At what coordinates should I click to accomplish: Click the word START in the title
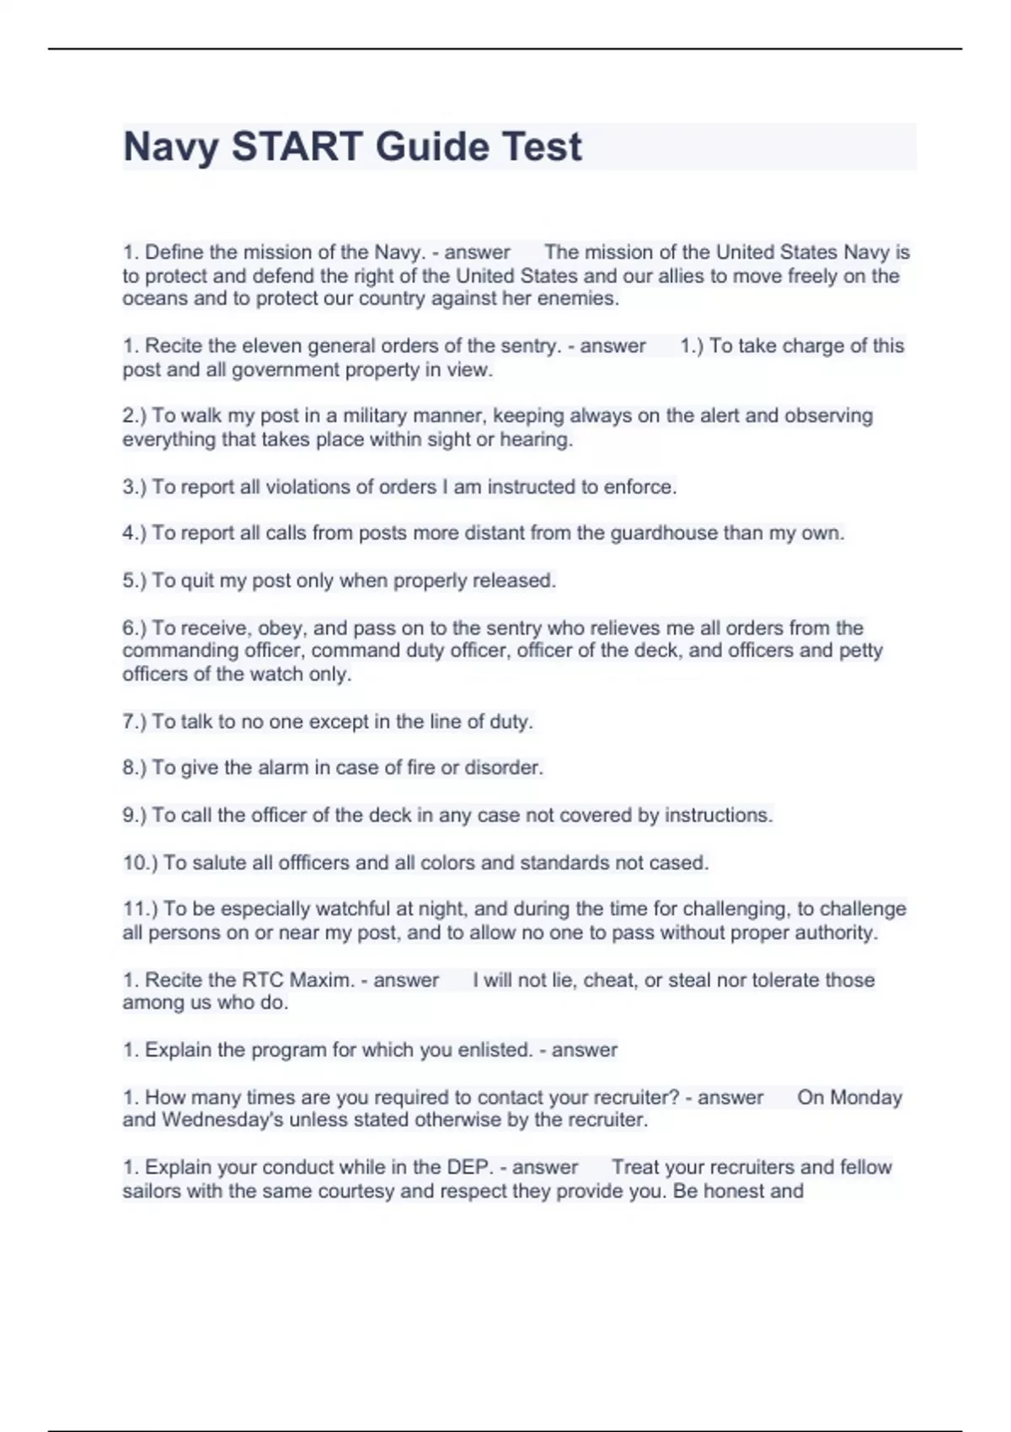tap(297, 147)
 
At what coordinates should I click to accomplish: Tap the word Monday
tap(849, 1098)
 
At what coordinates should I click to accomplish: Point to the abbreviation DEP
tap(468, 1168)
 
